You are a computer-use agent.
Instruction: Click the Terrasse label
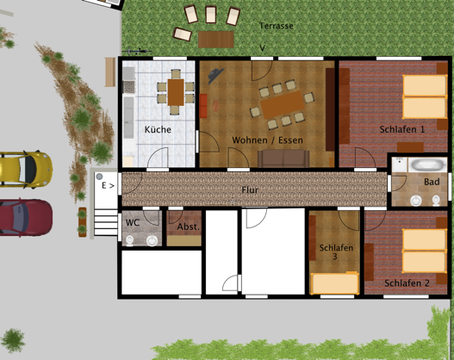coord(277,26)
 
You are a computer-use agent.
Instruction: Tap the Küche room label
coord(158,129)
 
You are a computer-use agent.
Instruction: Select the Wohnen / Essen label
coord(267,140)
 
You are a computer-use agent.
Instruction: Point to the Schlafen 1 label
coord(402,129)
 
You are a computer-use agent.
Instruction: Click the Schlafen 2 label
coord(407,282)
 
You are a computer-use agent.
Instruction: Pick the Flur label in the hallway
coord(250,189)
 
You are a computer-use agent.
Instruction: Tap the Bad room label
coord(432,182)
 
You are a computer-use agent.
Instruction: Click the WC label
coord(133,222)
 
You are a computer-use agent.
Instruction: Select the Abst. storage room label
coord(188,227)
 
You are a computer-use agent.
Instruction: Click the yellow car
coord(22,167)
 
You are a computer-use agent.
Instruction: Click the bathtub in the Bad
coord(424,164)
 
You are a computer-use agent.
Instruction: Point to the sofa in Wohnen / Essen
coord(283,158)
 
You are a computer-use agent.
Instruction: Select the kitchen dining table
coord(177,89)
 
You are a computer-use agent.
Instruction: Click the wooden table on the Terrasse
coord(215,39)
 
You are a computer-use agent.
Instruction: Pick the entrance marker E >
coord(108,184)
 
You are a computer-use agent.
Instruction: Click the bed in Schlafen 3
coord(335,282)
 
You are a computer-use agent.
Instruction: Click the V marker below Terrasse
coord(262,47)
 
